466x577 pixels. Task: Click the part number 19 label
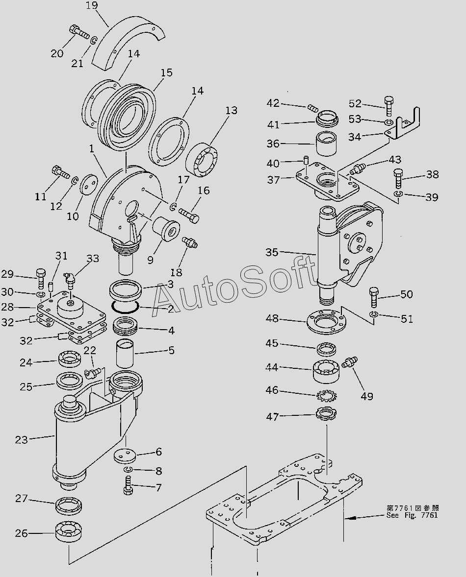pos(91,6)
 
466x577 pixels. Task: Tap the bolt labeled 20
pos(79,32)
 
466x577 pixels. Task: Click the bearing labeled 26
pos(70,532)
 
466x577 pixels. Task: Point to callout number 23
pos(21,440)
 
